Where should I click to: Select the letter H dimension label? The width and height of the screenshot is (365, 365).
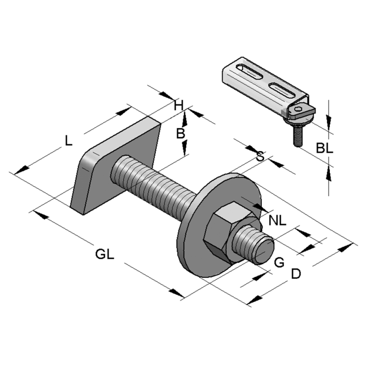click(179, 105)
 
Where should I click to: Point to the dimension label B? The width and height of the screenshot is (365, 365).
click(181, 133)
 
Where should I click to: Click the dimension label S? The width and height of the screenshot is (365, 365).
click(260, 156)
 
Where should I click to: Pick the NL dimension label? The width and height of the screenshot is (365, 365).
click(277, 221)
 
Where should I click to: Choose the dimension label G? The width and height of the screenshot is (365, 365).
click(279, 262)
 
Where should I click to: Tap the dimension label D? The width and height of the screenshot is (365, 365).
click(296, 274)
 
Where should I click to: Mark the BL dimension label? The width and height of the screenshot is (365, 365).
click(325, 148)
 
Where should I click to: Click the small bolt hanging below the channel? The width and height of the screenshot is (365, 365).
click(297, 135)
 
